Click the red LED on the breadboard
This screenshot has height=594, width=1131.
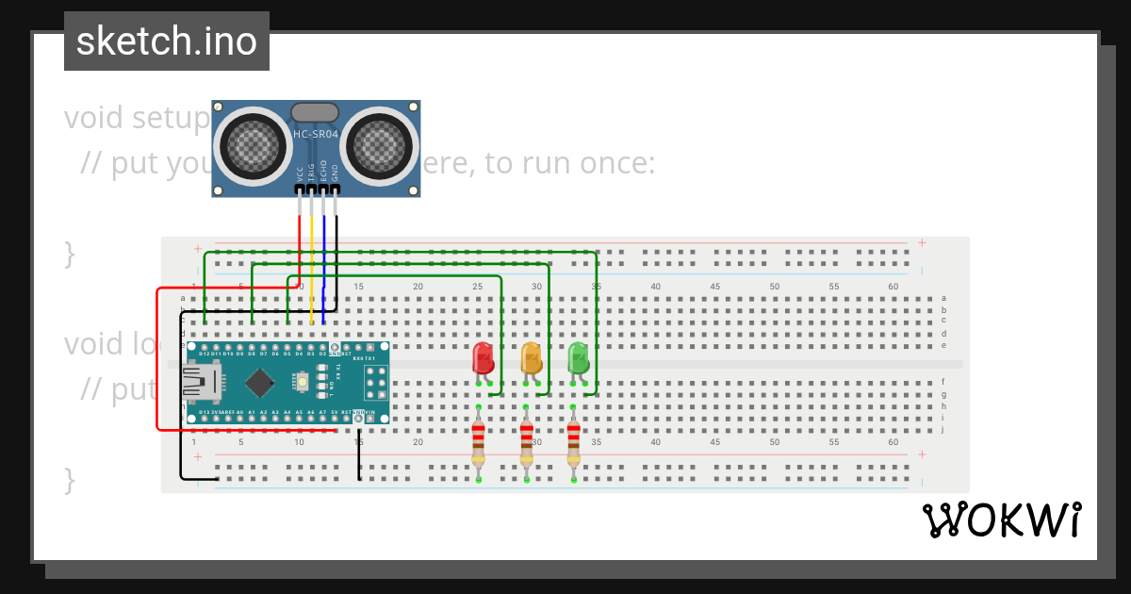click(483, 359)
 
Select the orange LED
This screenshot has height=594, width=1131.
click(532, 359)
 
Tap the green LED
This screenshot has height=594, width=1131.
click(578, 359)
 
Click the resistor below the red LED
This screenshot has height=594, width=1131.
click(479, 443)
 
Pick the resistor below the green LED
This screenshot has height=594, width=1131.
click(573, 443)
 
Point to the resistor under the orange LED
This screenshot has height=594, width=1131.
click(526, 443)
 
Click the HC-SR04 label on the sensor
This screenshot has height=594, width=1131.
click(315, 135)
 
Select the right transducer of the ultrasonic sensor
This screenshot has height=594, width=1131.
click(380, 145)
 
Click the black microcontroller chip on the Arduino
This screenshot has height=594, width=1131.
click(259, 382)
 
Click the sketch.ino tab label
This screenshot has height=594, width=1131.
click(167, 41)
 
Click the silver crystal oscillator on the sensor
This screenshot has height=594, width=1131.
click(315, 113)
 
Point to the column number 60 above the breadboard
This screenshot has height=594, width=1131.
click(893, 287)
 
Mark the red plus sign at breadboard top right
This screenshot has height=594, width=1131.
click(922, 242)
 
